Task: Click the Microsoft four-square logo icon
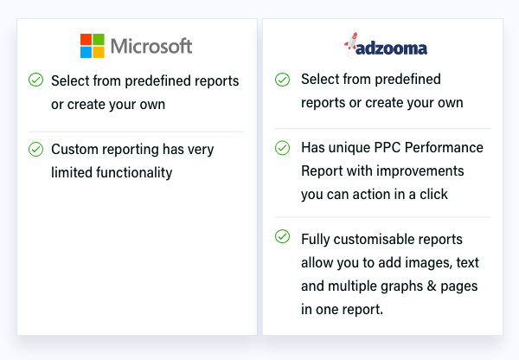[x=93, y=46]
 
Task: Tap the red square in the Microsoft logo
[x=86, y=40]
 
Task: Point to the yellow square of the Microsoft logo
[x=99, y=52]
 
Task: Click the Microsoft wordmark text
[x=151, y=46]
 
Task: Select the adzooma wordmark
[x=391, y=48]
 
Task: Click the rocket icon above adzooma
[x=351, y=42]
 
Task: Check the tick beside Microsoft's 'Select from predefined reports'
[x=35, y=80]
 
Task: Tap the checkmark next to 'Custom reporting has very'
[x=35, y=149]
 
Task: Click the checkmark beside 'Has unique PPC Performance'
[x=282, y=148]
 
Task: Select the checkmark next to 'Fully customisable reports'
[x=282, y=236]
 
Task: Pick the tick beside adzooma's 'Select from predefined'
[x=282, y=80]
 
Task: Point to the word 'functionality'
[x=134, y=173]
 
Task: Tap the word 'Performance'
[x=444, y=148]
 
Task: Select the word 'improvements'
[x=420, y=171]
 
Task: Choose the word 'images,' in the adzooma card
[x=429, y=263]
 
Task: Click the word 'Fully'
[x=316, y=240]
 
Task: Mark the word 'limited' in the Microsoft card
[x=72, y=172]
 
